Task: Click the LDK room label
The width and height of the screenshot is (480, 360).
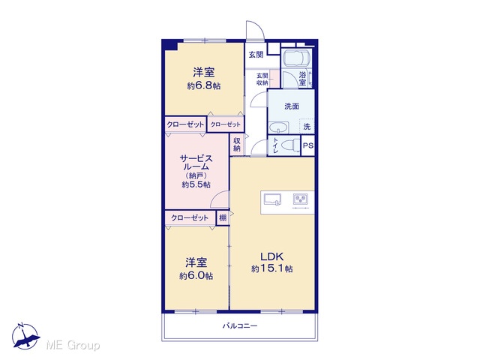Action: click(x=271, y=256)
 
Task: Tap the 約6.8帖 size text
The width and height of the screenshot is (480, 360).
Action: click(x=204, y=85)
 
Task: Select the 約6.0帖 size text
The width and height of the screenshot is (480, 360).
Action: click(x=196, y=276)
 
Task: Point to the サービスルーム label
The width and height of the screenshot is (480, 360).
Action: click(x=196, y=163)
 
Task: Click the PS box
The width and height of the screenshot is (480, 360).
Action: click(x=308, y=145)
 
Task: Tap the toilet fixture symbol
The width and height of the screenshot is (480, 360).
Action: click(x=292, y=145)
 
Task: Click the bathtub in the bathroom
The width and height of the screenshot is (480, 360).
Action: click(x=297, y=57)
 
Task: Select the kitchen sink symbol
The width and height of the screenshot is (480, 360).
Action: click(x=273, y=199)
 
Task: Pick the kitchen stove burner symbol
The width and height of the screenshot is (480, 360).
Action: click(x=301, y=199)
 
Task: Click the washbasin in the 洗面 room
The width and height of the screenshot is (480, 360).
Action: click(x=278, y=127)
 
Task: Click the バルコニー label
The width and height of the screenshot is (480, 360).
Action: click(x=240, y=325)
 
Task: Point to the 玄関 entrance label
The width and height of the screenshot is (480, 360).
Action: click(x=256, y=55)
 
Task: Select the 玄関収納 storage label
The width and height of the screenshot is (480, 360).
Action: click(x=262, y=79)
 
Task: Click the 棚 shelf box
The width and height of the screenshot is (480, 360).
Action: click(x=223, y=218)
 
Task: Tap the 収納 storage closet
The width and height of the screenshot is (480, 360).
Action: click(x=237, y=145)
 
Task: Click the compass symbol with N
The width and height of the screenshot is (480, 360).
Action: click(x=25, y=335)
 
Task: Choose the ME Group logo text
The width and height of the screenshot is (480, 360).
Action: click(x=73, y=346)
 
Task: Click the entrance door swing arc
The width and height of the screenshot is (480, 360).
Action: click(x=258, y=28)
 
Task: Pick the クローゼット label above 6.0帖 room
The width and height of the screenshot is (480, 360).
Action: click(x=190, y=218)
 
